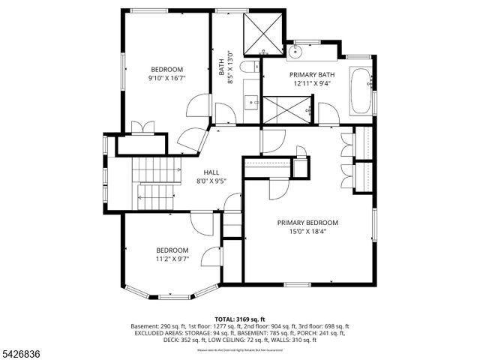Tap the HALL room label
tap(211, 172)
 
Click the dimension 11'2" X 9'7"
tap(172, 259)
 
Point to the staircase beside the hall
tap(156, 184)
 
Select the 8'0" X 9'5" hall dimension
tap(211, 181)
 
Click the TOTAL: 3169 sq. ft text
tap(240, 319)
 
